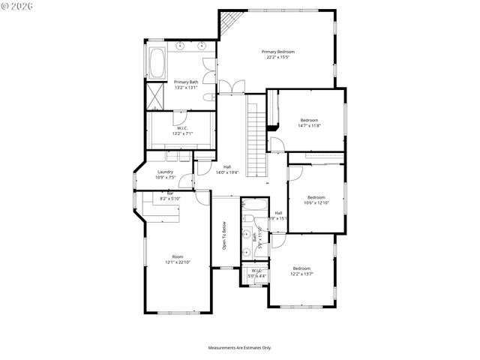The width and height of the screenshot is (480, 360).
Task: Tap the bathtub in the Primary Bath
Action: click(157, 63)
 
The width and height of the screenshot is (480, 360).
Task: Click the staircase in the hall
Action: click(256, 138)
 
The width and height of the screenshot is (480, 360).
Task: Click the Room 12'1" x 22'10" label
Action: click(178, 259)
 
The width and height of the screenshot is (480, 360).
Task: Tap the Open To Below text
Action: click(223, 235)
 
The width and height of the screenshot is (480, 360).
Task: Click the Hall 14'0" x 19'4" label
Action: click(227, 169)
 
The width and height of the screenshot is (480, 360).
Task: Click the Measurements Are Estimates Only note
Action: click(239, 348)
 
